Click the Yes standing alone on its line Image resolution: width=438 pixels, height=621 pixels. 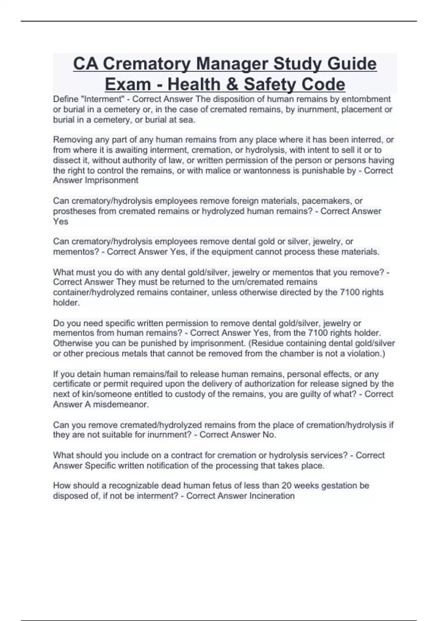pos(61,221)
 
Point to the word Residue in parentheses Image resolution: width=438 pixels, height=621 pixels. pos(267,343)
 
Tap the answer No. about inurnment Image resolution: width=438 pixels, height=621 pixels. pos(269,435)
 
